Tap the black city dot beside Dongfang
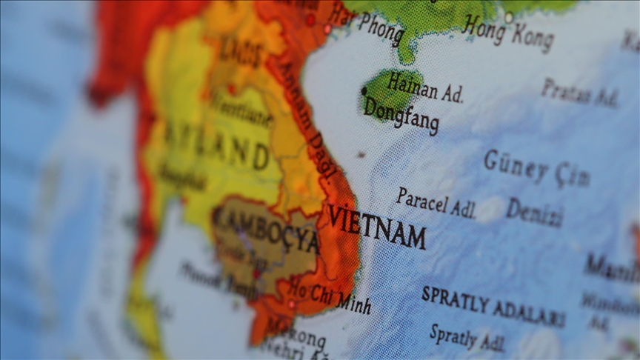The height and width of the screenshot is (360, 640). point(364,91)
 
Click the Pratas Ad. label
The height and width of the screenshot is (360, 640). point(579,93)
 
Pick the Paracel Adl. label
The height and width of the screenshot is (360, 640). point(436,203)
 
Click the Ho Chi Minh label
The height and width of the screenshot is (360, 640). point(330,294)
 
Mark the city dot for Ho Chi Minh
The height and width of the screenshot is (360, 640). point(291,304)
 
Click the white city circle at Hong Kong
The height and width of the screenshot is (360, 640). point(509,16)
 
